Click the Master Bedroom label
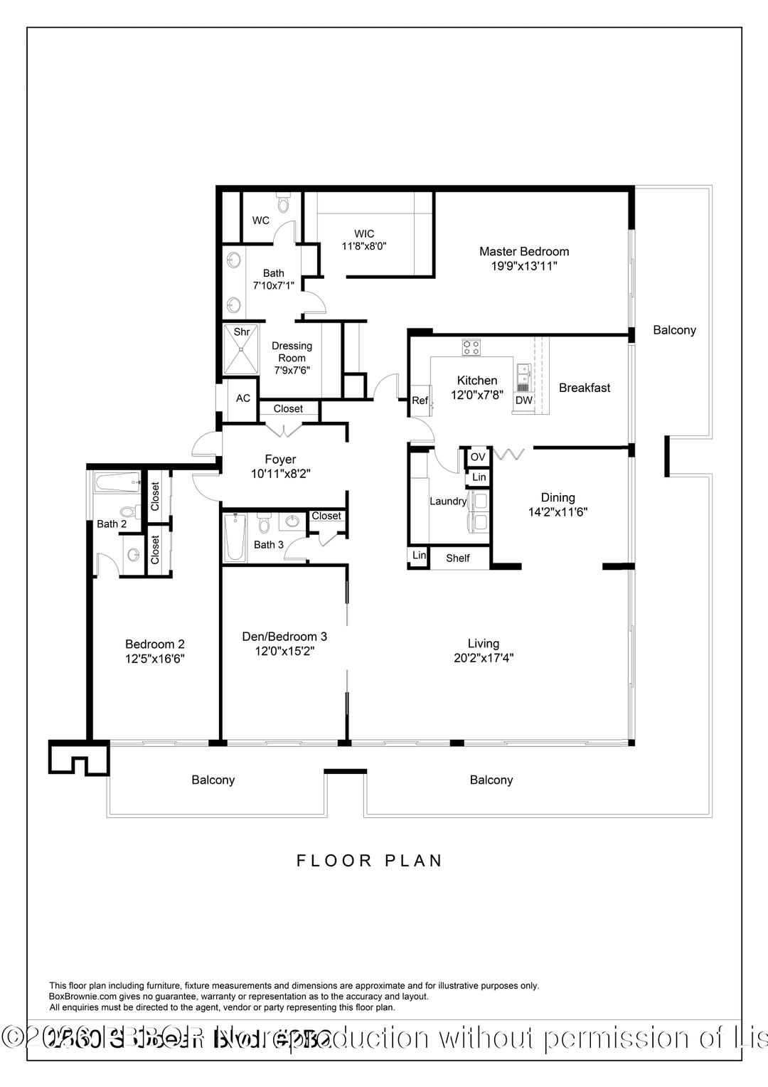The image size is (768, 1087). [524, 252]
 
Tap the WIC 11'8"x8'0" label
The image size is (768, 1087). [364, 240]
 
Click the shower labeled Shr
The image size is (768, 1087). [242, 350]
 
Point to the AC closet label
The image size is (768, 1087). [243, 398]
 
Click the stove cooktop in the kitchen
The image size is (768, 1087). [471, 348]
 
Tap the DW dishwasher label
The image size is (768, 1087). [524, 401]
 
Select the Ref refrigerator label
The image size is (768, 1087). [420, 401]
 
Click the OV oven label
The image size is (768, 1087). [478, 457]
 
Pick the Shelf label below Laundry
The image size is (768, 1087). [458, 558]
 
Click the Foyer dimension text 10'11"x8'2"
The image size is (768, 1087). [281, 474]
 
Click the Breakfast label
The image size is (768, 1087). [585, 388]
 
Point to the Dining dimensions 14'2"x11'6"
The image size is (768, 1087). [558, 512]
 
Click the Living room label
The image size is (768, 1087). [484, 644]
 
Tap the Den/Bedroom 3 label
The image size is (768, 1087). [284, 637]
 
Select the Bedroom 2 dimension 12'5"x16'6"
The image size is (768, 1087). [155, 659]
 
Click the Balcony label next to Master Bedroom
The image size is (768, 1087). [674, 330]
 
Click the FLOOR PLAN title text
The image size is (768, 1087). [370, 861]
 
